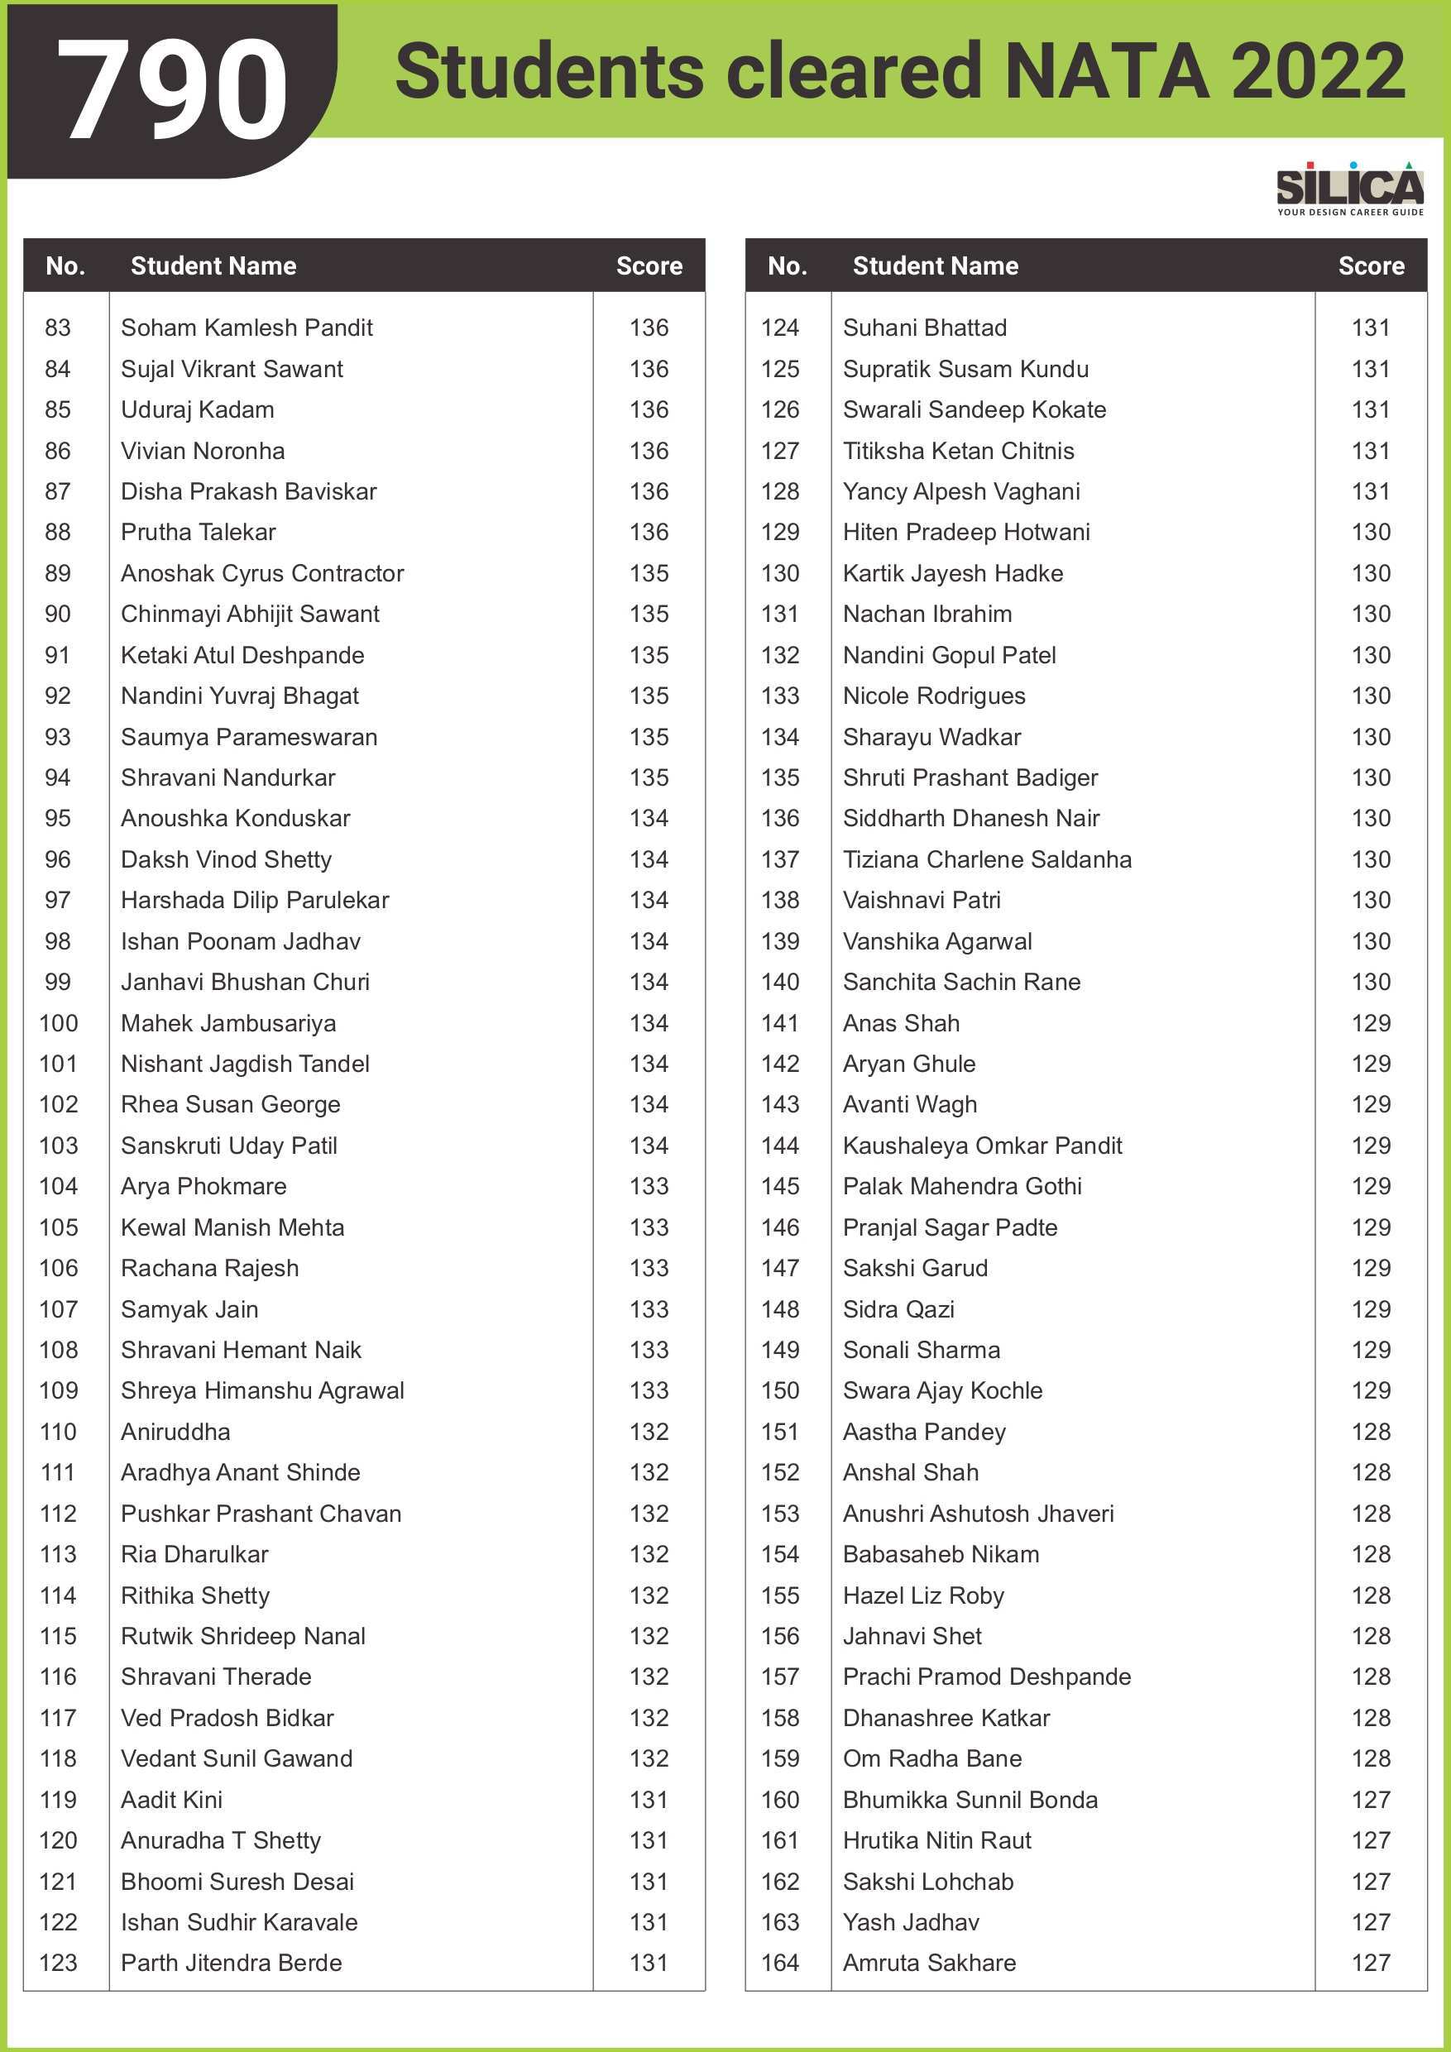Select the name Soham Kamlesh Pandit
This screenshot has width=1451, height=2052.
pos(247,328)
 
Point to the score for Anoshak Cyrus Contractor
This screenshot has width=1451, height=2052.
pos(649,574)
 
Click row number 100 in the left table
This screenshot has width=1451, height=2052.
pos(59,1023)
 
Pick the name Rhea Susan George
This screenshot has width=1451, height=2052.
pos(231,1105)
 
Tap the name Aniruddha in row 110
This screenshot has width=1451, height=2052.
pos(175,1432)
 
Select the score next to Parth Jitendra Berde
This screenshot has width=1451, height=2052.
pos(649,1963)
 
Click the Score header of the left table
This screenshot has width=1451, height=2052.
pos(649,266)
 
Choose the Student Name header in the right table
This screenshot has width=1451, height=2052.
pos(935,266)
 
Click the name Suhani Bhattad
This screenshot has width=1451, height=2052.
pos(924,328)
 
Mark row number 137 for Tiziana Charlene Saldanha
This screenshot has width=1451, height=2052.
pos(779,860)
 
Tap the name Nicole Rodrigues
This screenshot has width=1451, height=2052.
pos(933,696)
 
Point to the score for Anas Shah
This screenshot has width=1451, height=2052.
pos(1371,1023)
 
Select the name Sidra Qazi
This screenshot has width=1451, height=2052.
pos(898,1309)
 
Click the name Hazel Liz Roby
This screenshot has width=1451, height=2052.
pos(923,1595)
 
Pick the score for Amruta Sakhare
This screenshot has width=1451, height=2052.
pos(1371,1963)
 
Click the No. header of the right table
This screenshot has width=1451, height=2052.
pos(787,266)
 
